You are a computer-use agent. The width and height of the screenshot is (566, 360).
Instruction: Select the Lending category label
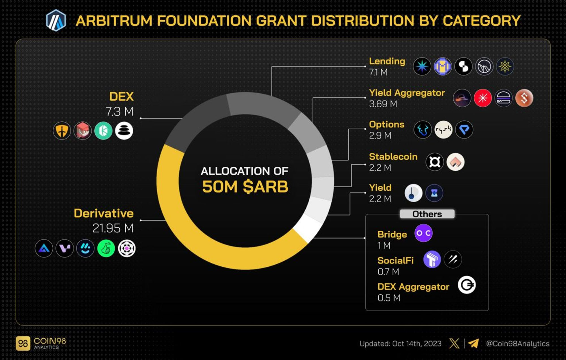point(387,61)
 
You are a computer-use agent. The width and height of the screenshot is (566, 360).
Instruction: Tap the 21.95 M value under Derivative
point(113,228)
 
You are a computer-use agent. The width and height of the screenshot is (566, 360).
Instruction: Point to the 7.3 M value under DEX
point(119,112)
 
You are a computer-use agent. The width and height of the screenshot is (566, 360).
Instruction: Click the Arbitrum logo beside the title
point(56,20)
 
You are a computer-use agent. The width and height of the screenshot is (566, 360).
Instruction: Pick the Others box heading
point(427,214)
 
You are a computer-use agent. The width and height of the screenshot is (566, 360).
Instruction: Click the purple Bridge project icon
point(423,233)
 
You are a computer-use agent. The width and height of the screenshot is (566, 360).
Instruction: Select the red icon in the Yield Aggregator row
point(483,98)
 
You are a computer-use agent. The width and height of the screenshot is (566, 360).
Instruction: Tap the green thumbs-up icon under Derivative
point(106,248)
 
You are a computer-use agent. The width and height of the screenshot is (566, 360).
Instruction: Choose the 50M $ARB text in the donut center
point(245,187)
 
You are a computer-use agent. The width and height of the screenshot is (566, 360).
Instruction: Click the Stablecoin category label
point(393,157)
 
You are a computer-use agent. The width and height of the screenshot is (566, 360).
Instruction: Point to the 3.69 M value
point(383,104)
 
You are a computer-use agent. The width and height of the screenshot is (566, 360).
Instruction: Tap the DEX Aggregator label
point(413,287)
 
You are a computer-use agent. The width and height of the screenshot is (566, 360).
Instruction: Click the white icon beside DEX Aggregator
point(467,285)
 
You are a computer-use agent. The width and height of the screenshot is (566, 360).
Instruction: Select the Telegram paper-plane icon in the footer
point(473,344)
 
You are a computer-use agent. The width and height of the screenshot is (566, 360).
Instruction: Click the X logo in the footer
point(454,344)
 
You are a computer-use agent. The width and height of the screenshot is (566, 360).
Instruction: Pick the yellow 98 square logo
point(23,344)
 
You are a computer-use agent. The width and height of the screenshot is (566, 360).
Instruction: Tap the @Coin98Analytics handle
point(518,344)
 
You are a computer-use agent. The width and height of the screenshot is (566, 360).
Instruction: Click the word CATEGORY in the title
point(481,21)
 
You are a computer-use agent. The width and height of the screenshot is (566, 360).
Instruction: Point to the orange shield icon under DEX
point(62,131)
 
